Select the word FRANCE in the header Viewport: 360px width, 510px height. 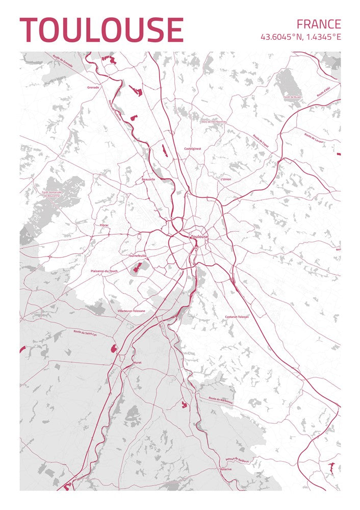pos(318,24)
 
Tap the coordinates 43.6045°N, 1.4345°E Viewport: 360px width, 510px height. pos(300,37)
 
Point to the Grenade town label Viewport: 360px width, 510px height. pos(93,87)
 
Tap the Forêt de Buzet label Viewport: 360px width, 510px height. pos(293,96)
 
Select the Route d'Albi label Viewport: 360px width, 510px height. pos(324,92)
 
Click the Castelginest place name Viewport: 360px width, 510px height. pos(193,148)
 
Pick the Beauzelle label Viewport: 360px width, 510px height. pos(148,180)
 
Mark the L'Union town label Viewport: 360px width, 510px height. pos(225,180)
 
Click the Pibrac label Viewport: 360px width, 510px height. pos(105,225)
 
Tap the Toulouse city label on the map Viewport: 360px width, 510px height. pos(199,237)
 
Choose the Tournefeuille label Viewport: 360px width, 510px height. pos(137,256)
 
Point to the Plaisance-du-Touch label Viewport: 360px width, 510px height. pos(104,271)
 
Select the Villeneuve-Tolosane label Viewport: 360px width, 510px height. pos(131,311)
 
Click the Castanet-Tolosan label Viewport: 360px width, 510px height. pos(237,317)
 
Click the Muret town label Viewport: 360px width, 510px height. pos(137,363)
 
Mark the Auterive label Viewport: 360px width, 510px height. pos(225,469)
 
